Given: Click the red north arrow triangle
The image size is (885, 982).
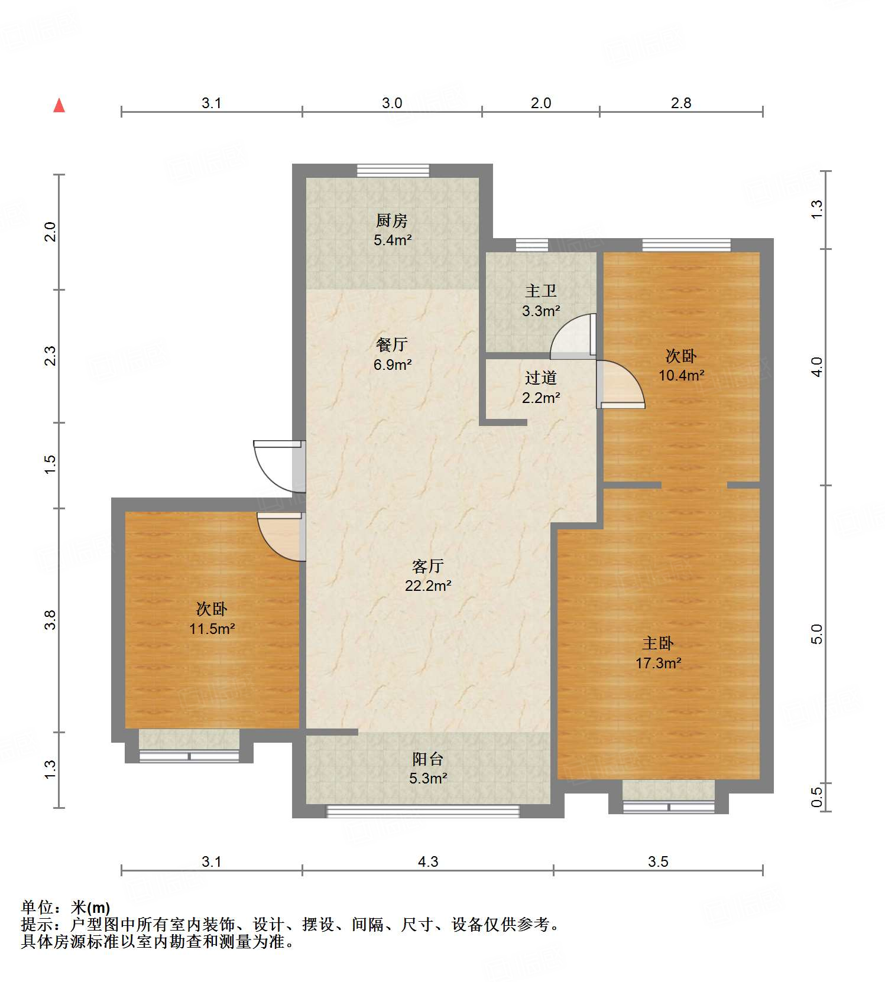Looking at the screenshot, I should [x=59, y=106].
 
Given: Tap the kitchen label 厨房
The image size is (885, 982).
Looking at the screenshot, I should [x=392, y=220].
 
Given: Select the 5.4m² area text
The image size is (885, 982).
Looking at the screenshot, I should [x=392, y=240].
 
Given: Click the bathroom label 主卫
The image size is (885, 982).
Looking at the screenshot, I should [x=541, y=291].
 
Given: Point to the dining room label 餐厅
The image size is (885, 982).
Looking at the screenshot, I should [x=392, y=344].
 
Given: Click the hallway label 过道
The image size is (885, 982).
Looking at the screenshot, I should [x=541, y=378].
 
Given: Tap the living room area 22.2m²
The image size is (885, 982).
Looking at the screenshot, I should [x=428, y=586].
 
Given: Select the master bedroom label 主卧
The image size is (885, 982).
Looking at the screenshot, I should [x=658, y=643].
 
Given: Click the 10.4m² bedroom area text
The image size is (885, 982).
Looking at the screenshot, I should [x=681, y=375].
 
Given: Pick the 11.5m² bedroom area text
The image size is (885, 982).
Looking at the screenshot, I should [x=212, y=629].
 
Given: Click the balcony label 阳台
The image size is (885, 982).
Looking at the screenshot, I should [x=427, y=759].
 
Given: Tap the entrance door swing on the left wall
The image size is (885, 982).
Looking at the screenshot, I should [x=276, y=467].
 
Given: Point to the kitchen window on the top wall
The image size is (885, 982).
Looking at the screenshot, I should [x=393, y=170].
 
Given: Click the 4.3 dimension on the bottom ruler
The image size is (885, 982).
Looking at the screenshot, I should [x=428, y=861].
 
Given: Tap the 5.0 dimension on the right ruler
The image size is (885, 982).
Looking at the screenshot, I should [x=816, y=634].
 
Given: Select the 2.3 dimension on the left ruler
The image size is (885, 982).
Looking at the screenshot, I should [x=50, y=356].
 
